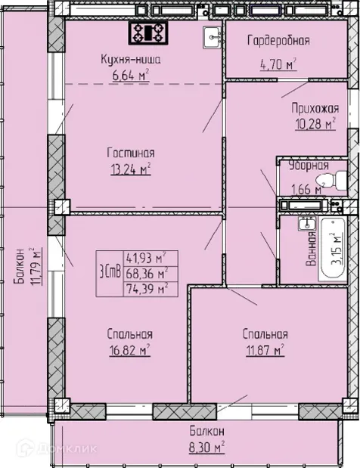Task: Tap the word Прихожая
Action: point(315,109)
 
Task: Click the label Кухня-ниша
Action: point(131,59)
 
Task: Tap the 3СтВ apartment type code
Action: point(110,272)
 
